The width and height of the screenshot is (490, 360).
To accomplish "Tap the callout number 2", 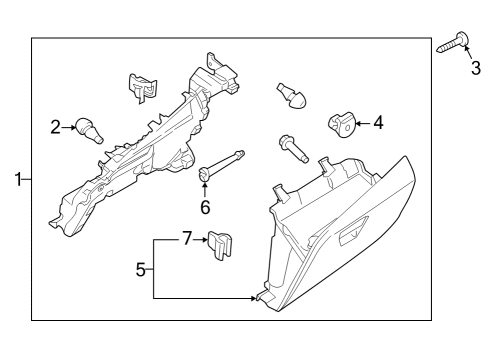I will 56,126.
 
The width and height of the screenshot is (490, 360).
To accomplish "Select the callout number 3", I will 476,68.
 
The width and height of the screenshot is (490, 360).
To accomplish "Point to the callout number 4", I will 378,123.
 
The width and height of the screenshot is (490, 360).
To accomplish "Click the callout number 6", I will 205,207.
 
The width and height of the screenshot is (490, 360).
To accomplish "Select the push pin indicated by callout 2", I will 91,128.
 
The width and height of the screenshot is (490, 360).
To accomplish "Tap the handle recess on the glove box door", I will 352,236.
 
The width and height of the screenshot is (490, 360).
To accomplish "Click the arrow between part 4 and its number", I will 361,123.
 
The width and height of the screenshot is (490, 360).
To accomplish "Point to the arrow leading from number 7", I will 199,240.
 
